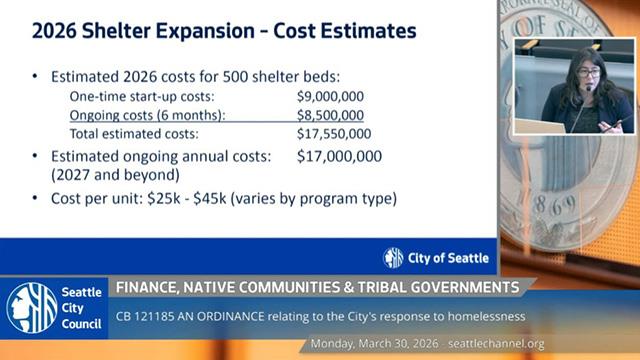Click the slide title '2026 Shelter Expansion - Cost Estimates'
(224, 31)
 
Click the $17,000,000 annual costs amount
(340, 156)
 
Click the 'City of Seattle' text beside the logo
(448, 258)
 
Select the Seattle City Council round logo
(31, 308)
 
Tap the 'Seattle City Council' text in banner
(83, 308)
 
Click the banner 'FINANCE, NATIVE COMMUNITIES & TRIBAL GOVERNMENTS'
(317, 288)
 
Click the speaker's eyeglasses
(589, 73)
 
